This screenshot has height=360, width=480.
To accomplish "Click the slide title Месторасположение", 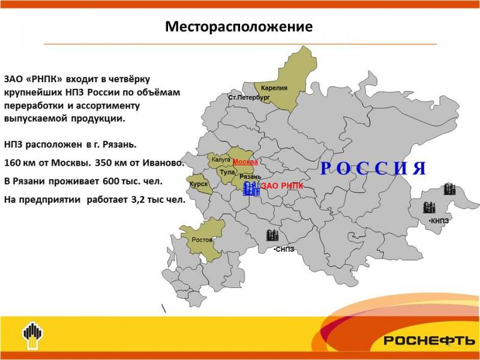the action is (239, 26).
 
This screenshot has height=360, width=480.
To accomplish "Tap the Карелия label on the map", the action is (274, 88).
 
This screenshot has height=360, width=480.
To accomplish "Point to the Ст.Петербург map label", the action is (249, 98).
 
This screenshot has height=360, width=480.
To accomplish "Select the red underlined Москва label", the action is (245, 162).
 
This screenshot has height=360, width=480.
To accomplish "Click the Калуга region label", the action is (221, 160).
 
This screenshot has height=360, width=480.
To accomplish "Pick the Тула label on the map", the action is (227, 172).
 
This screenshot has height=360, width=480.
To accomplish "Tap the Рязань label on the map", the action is (250, 176).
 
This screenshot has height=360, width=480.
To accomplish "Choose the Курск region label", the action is (199, 184).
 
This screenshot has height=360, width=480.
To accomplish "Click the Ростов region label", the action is (202, 239).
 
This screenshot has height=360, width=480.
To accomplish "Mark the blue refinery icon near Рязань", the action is (251, 188).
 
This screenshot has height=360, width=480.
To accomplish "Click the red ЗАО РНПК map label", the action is (282, 186).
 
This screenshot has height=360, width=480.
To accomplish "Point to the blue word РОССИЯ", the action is (373, 168).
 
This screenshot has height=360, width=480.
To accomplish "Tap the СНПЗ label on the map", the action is (284, 250).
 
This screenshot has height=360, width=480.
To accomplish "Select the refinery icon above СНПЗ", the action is (272, 235).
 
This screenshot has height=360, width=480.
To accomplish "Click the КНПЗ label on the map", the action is (439, 221).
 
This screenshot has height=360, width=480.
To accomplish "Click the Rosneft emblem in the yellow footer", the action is (33, 335).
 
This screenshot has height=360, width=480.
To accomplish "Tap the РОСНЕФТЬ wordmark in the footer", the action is (429, 340).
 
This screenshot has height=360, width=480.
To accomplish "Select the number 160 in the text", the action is (12, 163).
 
